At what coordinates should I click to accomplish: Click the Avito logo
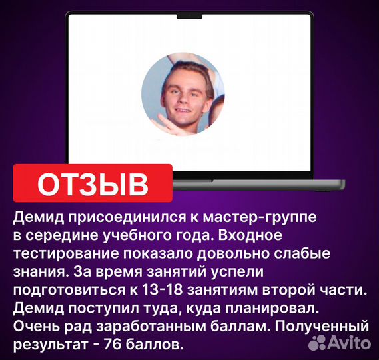click(x=340, y=343)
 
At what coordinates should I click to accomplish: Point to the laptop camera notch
click(x=189, y=15)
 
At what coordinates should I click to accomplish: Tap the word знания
click(x=34, y=272)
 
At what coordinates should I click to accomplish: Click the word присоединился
click(x=107, y=218)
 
